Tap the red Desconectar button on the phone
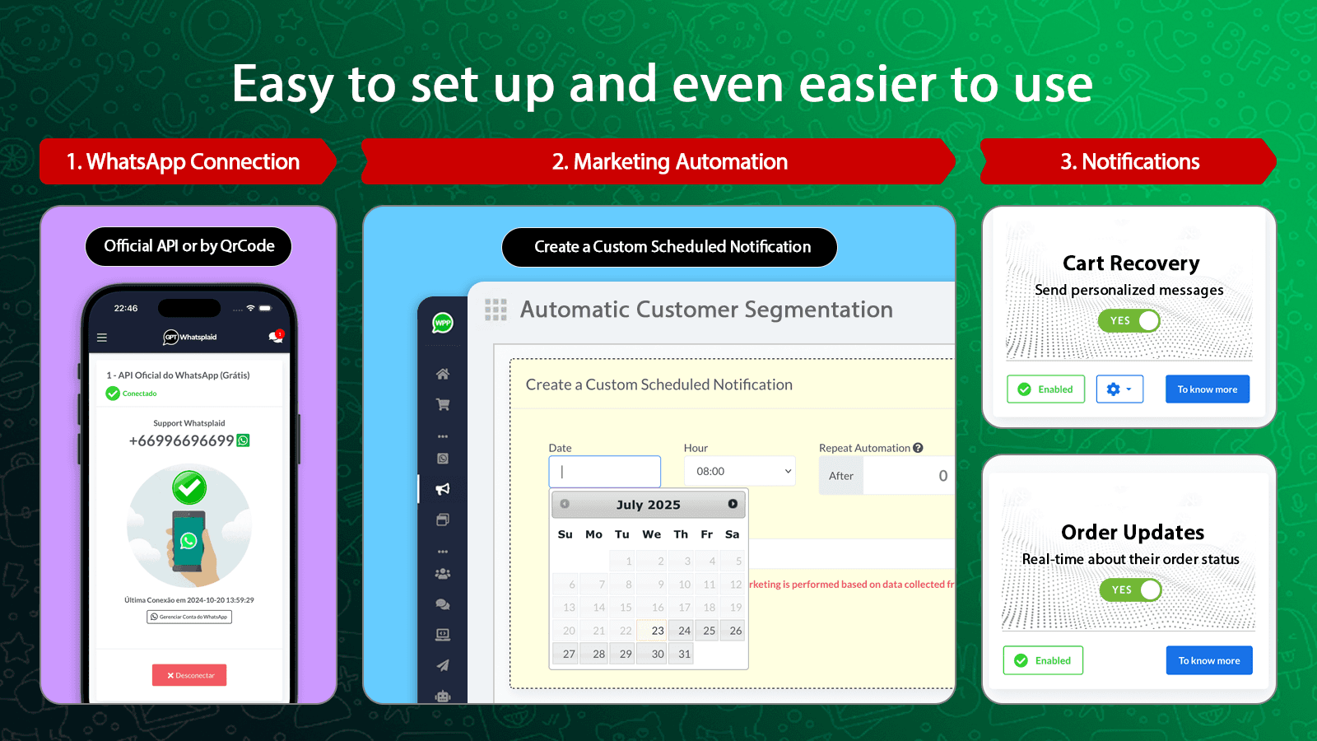click(x=189, y=675)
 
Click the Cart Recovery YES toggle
click(x=1129, y=320)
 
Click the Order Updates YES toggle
click(x=1131, y=590)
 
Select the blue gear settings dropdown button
click(x=1119, y=389)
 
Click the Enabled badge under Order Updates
click(x=1043, y=660)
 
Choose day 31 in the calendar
click(x=684, y=654)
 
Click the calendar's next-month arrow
click(x=733, y=504)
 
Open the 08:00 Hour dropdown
click(x=740, y=471)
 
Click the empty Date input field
click(x=605, y=472)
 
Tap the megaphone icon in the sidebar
click(x=443, y=489)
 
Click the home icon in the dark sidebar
click(x=443, y=374)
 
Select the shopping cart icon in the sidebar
click(x=443, y=404)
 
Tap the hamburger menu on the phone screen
click(x=102, y=338)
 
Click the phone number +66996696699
click(x=182, y=440)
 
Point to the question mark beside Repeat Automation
click(x=918, y=448)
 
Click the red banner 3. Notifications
click(x=1129, y=161)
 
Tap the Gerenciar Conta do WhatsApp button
click(x=189, y=617)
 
